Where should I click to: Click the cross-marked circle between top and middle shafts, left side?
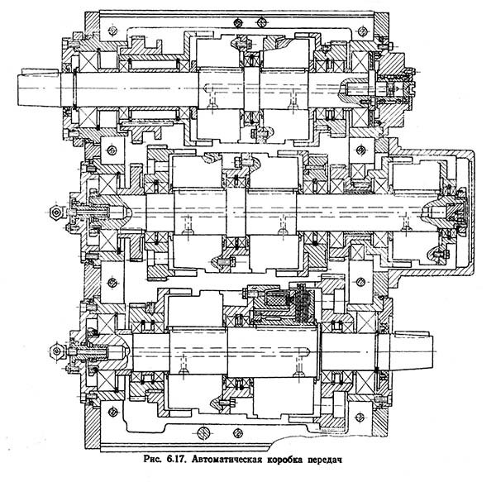tap(108, 150)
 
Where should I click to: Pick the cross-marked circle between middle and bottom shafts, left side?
tap(108, 284)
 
